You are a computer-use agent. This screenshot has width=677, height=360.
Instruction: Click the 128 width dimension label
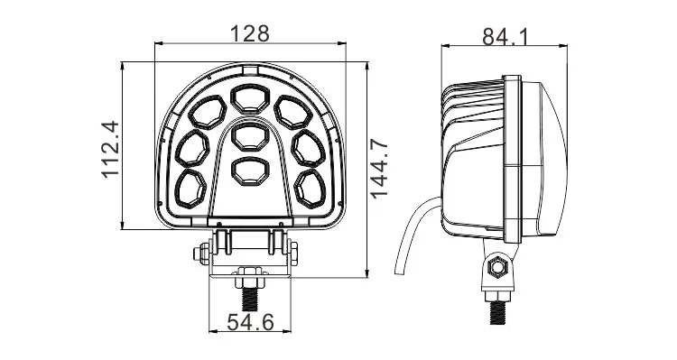250,33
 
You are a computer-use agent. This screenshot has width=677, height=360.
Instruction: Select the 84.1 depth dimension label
505,36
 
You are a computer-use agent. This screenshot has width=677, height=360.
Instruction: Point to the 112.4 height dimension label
110,150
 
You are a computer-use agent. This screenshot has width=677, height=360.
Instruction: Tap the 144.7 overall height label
379,170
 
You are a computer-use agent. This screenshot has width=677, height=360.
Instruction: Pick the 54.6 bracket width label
250,322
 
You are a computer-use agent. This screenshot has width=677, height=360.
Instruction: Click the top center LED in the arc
250,98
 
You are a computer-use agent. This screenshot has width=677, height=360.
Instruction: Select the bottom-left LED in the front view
190,189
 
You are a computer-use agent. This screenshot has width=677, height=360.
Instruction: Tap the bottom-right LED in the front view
310,189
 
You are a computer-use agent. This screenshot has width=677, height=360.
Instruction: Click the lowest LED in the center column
250,171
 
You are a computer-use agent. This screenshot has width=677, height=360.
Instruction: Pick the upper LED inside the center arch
250,136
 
